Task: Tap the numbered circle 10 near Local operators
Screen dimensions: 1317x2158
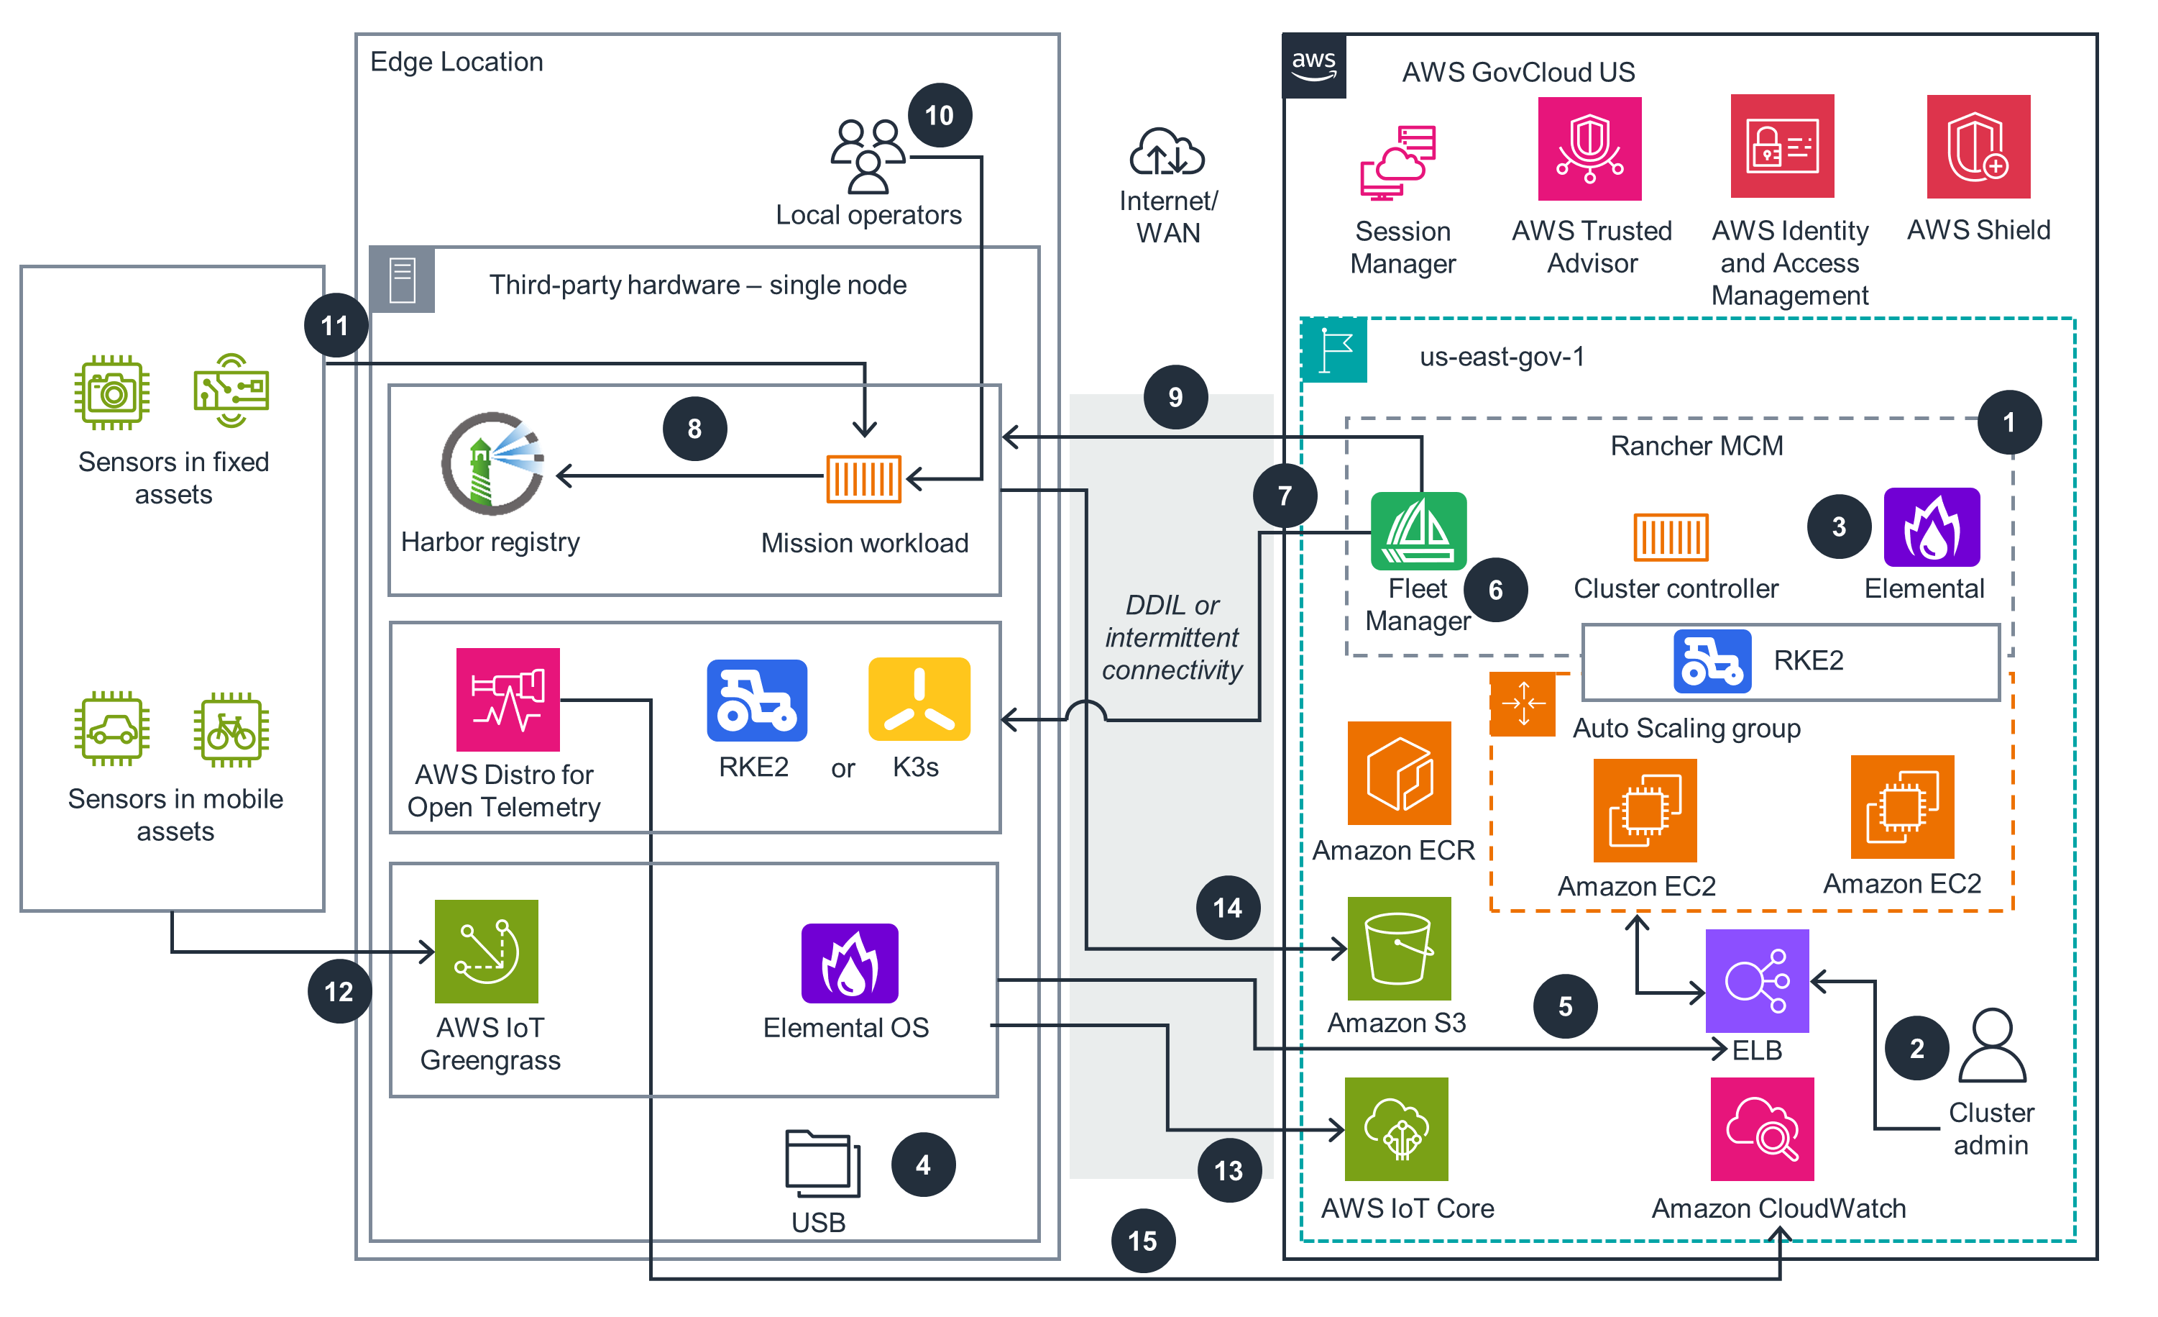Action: coord(940,115)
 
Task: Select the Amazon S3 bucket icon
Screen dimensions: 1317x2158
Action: coord(1399,948)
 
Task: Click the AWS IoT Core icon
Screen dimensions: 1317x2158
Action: coord(1396,1129)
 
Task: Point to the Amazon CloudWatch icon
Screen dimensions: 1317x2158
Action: coord(1762,1129)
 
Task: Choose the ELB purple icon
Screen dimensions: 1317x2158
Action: coord(1757,980)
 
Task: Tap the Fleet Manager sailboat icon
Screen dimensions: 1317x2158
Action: coord(1418,531)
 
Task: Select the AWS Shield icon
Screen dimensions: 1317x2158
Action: coord(1978,146)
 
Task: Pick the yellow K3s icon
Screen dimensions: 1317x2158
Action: coord(919,699)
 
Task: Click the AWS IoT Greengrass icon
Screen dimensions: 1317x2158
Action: coord(486,951)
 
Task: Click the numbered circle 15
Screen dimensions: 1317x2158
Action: coord(1143,1241)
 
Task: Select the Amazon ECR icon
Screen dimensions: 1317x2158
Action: coord(1399,773)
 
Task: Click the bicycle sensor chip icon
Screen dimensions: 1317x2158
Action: coord(231,729)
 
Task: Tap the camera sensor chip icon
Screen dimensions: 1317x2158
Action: coord(111,393)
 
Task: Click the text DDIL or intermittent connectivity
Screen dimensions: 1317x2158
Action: coord(1172,637)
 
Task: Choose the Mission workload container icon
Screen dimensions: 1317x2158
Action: coord(863,478)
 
